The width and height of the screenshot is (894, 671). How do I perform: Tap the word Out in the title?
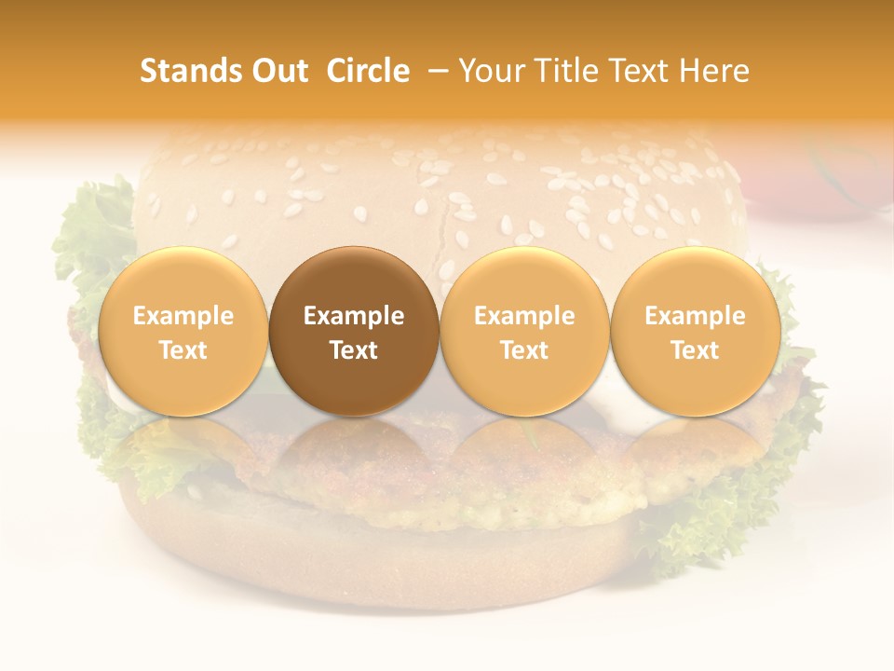(x=278, y=71)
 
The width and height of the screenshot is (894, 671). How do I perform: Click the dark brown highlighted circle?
(x=353, y=331)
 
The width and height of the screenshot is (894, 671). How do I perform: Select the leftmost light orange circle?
(x=183, y=331)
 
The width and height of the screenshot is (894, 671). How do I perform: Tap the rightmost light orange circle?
(x=695, y=331)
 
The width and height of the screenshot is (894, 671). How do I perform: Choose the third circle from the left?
(x=524, y=331)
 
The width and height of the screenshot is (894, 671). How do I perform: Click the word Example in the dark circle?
(x=353, y=316)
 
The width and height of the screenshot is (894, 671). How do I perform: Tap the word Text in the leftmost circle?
(x=183, y=350)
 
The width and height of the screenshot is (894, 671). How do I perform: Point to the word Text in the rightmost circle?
(x=695, y=350)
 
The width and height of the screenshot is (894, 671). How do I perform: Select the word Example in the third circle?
(x=524, y=316)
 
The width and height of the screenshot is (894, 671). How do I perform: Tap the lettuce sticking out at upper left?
(x=93, y=233)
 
